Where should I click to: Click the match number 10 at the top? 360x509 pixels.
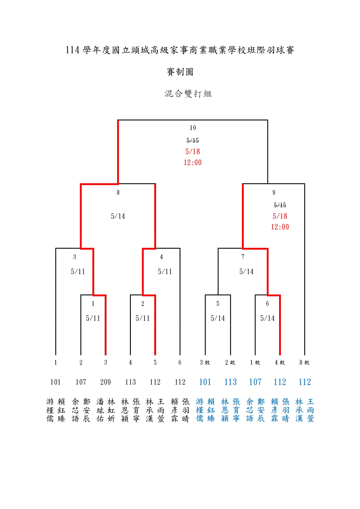193,128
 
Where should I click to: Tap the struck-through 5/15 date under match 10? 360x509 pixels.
193,141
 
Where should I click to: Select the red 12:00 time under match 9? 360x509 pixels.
280,227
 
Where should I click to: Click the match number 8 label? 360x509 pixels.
118,192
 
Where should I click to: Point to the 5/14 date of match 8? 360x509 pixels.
118,216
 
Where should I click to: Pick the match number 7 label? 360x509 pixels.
243,257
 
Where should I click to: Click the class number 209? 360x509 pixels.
106,382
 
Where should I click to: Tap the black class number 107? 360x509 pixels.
81,382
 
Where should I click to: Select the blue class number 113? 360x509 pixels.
231,382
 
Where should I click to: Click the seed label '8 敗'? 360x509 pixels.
305,363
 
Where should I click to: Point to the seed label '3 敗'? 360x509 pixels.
205,363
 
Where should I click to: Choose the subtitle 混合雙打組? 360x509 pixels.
189,94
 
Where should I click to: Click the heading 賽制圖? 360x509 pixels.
180,72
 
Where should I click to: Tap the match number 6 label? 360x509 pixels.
267,304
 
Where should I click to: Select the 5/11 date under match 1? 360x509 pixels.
93,318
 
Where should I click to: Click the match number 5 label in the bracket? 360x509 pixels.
218,304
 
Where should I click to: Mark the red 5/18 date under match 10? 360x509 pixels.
193,151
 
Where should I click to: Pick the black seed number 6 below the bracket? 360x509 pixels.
180,363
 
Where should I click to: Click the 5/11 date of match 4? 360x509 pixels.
165,272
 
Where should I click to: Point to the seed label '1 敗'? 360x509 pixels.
255,363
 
